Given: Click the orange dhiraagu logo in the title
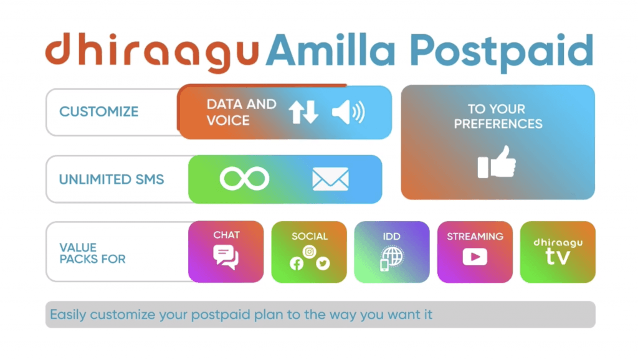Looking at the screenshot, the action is pos(152,52).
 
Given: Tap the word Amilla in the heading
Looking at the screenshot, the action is pos(330,50).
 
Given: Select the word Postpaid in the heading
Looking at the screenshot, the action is pos(502,53).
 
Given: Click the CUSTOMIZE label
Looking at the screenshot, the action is pos(99,111).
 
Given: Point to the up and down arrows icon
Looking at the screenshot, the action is pos(303,112).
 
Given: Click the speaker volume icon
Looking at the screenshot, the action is pos(348,112).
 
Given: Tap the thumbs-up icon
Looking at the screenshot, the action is pos(497,162).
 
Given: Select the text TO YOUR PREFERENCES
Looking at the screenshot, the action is pos(498,116).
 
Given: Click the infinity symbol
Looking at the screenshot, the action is pos(244,179).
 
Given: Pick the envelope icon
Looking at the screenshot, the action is pos(330,179).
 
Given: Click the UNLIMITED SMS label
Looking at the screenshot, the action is pos(112,179).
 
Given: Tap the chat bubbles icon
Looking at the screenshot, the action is pos(226,257).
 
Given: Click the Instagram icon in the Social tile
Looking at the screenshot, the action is pos(310,252).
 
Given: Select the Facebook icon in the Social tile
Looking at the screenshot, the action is pos(297,263).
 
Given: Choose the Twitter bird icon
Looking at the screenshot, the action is pos(323,263).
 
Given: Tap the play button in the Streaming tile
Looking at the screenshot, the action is pos(475,257).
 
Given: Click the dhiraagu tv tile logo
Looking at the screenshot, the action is pos(558,252).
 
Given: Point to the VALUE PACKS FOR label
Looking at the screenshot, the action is pos(92,253).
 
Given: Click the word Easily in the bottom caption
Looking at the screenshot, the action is pos(68,315).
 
